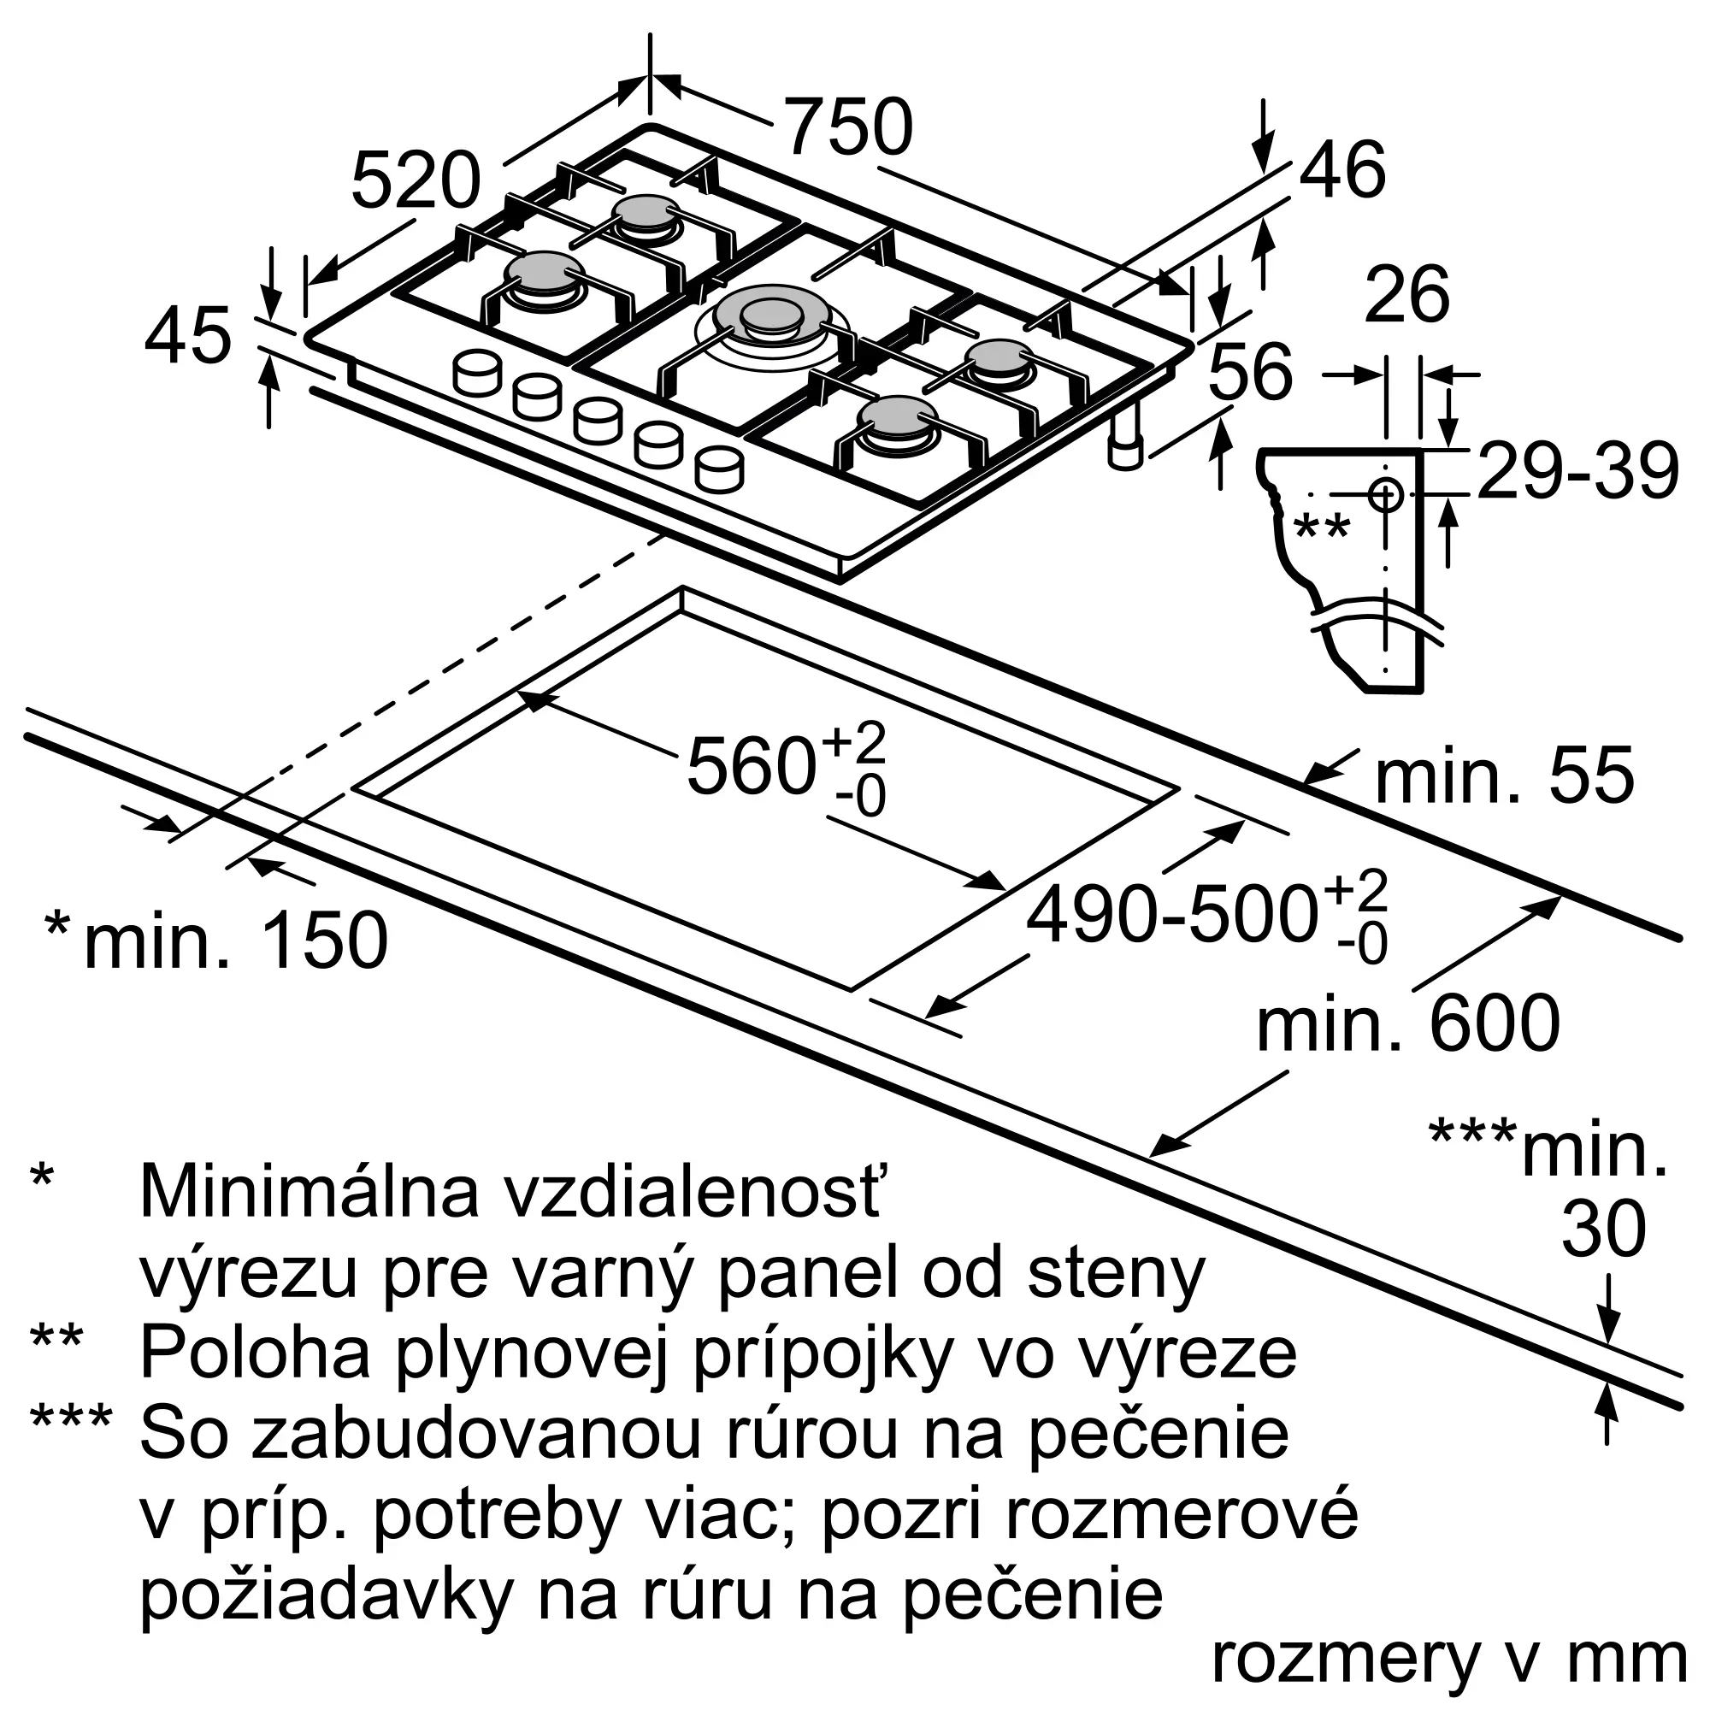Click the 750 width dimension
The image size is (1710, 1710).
tap(848, 127)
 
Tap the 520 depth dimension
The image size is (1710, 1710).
tap(416, 181)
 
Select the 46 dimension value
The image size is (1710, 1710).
tap(1341, 170)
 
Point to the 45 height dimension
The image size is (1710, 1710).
tap(187, 337)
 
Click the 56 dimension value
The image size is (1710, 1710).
tap(1250, 373)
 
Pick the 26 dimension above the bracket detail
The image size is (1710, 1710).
tap(1406, 295)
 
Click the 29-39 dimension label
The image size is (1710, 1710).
tap(1578, 472)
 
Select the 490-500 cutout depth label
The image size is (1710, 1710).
tap(1169, 915)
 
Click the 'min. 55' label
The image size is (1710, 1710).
tap(1504, 776)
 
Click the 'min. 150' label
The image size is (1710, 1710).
tap(235, 939)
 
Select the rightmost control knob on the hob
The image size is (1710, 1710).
tap(719, 469)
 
